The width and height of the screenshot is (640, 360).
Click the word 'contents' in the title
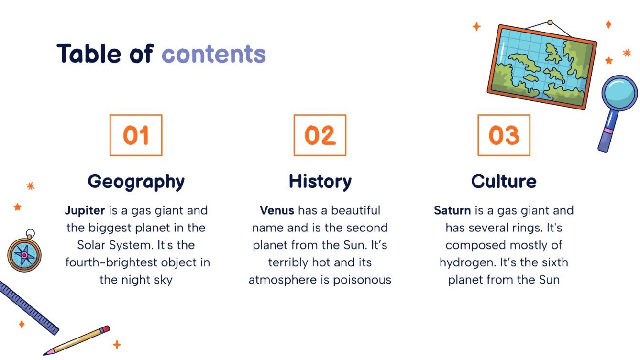coord(213,54)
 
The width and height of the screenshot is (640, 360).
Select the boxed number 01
coord(136,135)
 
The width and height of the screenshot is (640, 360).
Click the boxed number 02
coord(320,135)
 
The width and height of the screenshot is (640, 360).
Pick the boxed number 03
coord(504,135)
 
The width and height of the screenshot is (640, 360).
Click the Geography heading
coord(136,182)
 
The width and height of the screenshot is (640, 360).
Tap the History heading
coord(320,182)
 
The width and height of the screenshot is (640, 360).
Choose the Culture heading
coord(504,182)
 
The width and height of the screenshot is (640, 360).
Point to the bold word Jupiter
coord(85,211)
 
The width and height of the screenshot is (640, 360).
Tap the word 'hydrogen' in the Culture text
coord(466,262)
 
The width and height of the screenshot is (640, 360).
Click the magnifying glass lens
coord(619,93)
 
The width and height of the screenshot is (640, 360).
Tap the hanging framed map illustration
coord(542,66)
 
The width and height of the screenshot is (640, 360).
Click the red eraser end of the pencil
coord(105,329)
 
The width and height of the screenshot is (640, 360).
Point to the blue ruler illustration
coord(27,306)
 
